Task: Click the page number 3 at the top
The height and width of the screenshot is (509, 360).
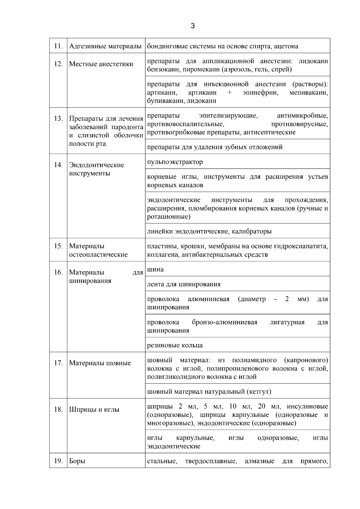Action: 193,26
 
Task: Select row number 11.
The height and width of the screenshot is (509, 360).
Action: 58,46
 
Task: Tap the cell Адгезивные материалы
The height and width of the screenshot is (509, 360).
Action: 105,46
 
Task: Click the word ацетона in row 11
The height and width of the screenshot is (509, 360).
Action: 286,46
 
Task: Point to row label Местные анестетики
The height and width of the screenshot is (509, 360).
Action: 101,64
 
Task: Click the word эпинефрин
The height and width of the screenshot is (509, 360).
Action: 260,93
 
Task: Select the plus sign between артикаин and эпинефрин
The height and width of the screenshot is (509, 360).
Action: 229,93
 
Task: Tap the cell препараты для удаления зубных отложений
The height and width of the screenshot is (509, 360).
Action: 215,147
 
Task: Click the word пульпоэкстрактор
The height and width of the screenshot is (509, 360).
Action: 175,162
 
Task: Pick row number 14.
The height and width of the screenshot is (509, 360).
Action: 58,165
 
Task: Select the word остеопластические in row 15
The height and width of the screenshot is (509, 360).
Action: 98,255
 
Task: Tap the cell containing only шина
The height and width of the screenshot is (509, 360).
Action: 155,269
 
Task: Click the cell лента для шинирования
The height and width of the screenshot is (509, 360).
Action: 184,284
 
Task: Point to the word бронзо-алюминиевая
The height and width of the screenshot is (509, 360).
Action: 224,322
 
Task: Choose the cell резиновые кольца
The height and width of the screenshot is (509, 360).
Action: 175,345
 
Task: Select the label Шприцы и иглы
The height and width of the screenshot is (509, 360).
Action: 94,409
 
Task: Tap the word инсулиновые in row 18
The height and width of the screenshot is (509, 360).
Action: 307,407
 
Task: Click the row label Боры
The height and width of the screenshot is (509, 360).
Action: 77,461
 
